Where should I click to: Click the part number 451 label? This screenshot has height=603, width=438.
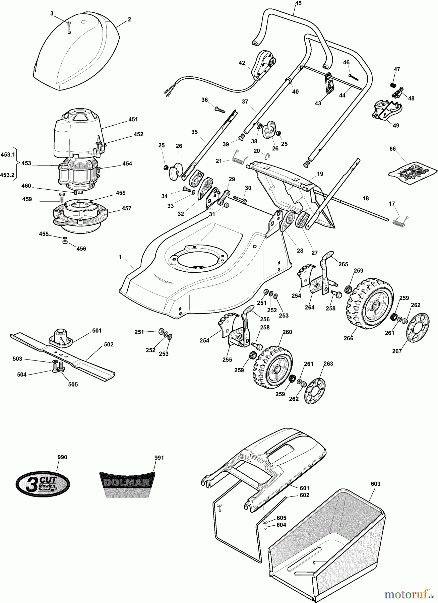tap(133, 119)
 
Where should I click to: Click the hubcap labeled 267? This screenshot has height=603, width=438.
tap(418, 329)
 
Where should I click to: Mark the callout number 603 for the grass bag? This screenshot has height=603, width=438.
tap(376, 484)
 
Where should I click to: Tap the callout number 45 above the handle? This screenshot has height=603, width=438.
tap(298, 3)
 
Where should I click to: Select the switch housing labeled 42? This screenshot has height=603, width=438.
tap(264, 65)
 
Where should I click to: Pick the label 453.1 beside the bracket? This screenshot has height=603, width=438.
tap(8, 154)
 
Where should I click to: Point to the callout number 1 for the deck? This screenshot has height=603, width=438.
tap(120, 257)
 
